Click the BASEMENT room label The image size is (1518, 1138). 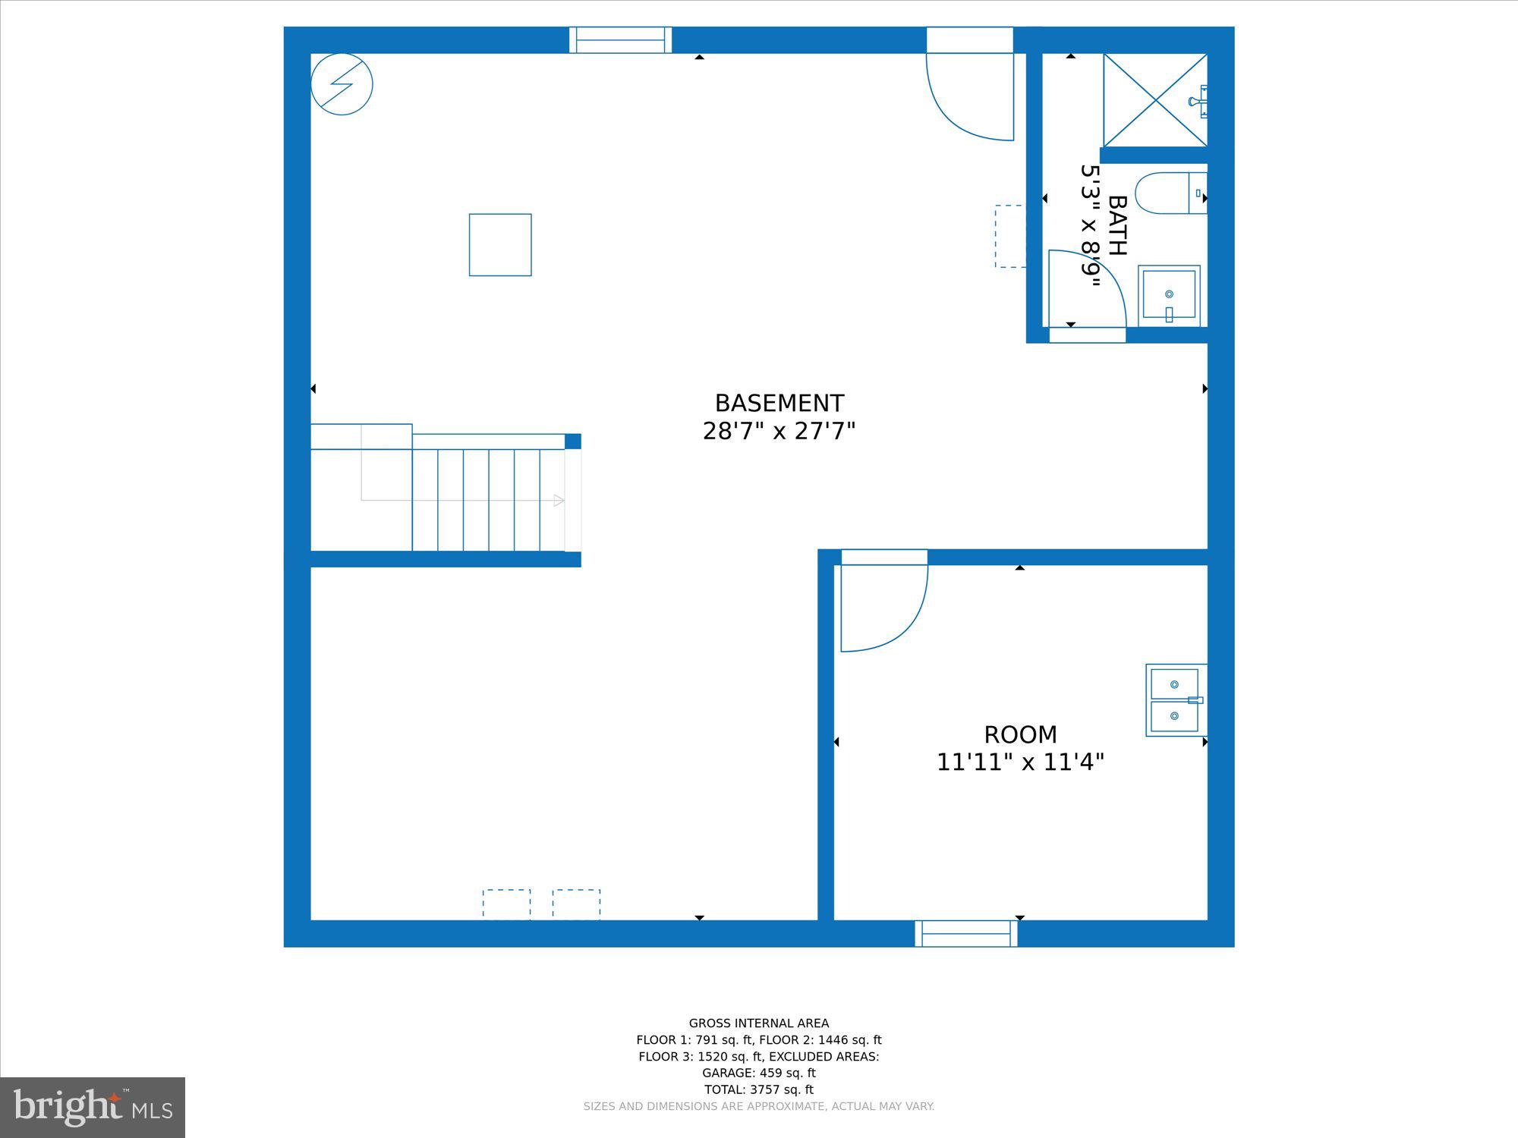pyautogui.click(x=779, y=403)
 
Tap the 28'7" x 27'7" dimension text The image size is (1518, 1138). pyautogui.click(x=779, y=432)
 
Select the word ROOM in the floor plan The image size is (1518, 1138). pyautogui.click(x=1020, y=734)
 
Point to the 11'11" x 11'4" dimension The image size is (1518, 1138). pyautogui.click(x=1020, y=762)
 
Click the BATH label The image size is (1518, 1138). pyautogui.click(x=1117, y=225)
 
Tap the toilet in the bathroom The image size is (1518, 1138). pyautogui.click(x=1170, y=193)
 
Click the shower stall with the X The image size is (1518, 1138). pyautogui.click(x=1155, y=99)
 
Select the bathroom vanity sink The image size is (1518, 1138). pyautogui.click(x=1169, y=296)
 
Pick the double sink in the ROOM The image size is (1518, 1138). pyautogui.click(x=1176, y=700)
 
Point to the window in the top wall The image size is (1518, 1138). pyautogui.click(x=621, y=40)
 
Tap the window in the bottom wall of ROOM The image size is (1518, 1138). pyautogui.click(x=966, y=933)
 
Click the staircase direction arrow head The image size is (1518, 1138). pyautogui.click(x=559, y=500)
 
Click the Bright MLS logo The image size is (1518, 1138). pyautogui.click(x=93, y=1108)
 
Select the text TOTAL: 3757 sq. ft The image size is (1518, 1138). pyautogui.click(x=759, y=1089)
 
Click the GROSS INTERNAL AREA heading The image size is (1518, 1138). pyautogui.click(x=759, y=1023)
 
